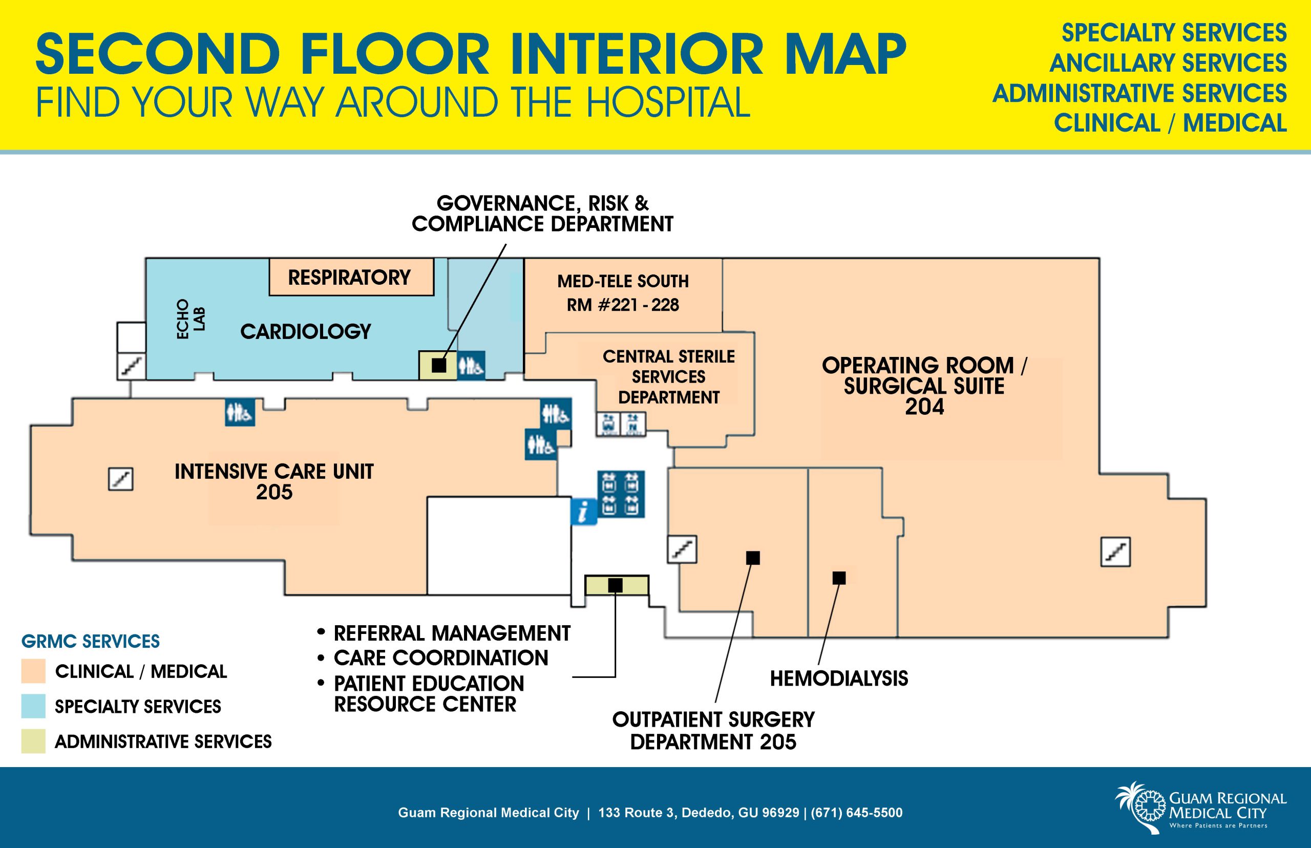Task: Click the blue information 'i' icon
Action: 584,512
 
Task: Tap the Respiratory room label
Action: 350,277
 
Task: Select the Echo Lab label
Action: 191,319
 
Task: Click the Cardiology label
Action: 306,331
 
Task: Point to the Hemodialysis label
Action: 838,679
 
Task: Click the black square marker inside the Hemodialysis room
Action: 838,578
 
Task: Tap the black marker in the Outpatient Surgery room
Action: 753,558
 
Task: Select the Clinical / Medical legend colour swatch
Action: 33,672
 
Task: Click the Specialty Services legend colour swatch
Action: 33,707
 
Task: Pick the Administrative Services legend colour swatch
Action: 33,741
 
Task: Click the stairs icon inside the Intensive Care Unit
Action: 120,478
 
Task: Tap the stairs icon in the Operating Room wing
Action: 1115,552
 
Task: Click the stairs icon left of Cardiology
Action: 132,366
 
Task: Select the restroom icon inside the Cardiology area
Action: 471,365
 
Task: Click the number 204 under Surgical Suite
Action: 924,407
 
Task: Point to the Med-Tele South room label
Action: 623,293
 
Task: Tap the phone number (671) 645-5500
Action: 856,813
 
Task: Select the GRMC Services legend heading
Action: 90,642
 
